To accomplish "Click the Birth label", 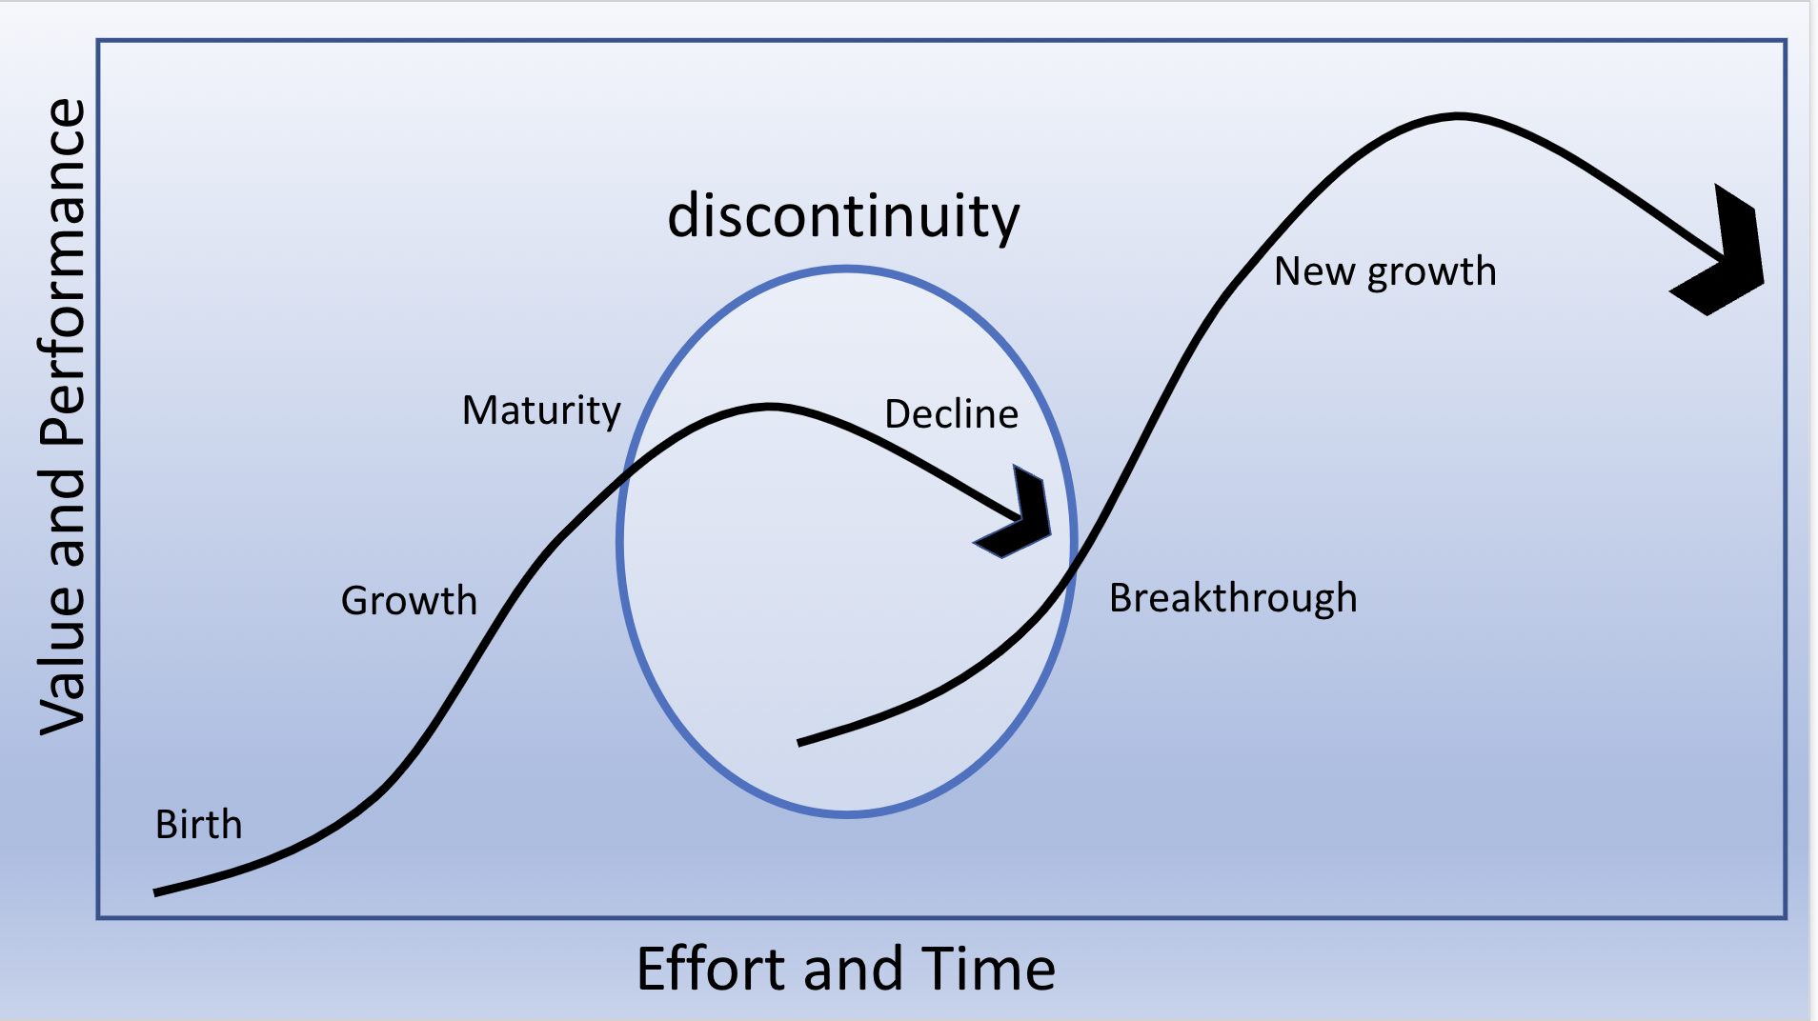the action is (x=198, y=825).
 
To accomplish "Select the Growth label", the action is (x=409, y=601).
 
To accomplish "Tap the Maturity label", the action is (x=541, y=411).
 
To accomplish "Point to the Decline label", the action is (x=951, y=414).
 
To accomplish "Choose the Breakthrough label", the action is (x=1233, y=598).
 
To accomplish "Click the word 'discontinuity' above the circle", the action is (x=843, y=216).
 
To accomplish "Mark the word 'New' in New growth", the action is (x=1315, y=271).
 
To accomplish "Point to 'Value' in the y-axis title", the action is (x=63, y=659).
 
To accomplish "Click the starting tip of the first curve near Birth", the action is (x=155, y=892).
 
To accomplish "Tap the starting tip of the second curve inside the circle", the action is (x=798, y=742).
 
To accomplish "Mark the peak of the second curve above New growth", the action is (x=1458, y=117).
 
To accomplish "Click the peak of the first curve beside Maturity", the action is (x=770, y=408).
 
